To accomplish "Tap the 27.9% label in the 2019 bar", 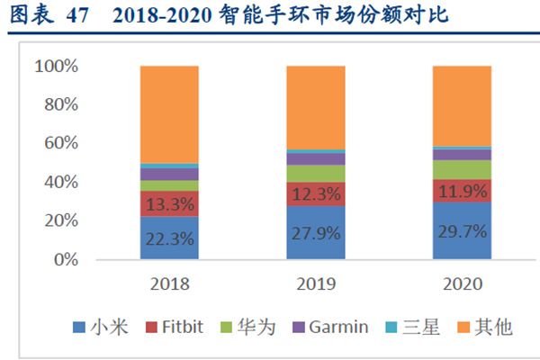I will [315, 232].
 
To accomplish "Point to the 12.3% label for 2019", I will [315, 193].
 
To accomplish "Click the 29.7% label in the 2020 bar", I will [462, 231].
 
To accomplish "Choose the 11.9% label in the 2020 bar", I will [462, 191].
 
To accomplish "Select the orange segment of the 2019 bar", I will [315, 107].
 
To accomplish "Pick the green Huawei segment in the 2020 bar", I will [462, 169].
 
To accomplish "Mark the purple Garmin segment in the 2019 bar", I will [315, 159].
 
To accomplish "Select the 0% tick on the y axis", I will [66, 259].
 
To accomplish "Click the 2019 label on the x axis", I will [315, 283].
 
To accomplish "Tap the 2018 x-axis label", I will [169, 283].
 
